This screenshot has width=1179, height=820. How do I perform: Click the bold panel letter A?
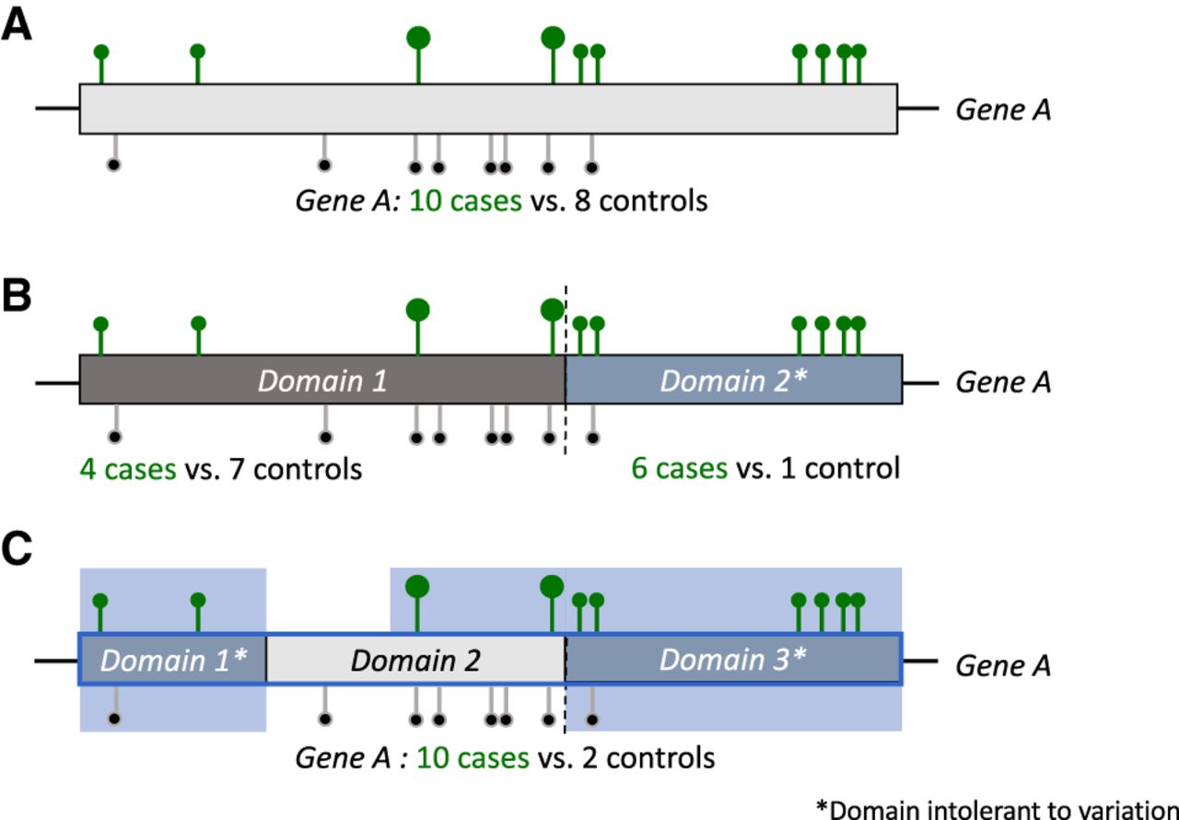tap(17, 26)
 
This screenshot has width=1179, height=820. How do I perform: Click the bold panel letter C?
tap(18, 550)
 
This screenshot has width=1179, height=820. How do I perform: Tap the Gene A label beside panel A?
tap(1003, 110)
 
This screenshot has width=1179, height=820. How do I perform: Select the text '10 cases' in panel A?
tap(465, 200)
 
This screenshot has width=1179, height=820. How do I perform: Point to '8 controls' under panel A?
tap(653, 200)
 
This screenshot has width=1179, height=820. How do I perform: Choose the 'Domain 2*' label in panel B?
tap(734, 381)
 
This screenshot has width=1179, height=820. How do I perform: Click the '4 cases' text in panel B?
tap(128, 469)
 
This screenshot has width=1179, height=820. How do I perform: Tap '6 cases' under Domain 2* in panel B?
tap(679, 469)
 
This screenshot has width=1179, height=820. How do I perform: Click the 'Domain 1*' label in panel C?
tap(173, 660)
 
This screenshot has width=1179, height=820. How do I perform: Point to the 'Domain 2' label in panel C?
tap(415, 660)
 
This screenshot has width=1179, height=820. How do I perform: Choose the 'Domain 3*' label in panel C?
tap(733, 660)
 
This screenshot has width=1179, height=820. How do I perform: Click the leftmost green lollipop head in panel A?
tap(101, 52)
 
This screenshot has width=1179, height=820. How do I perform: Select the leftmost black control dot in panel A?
tap(113, 166)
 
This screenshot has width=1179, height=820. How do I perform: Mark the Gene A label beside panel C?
tap(1003, 665)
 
